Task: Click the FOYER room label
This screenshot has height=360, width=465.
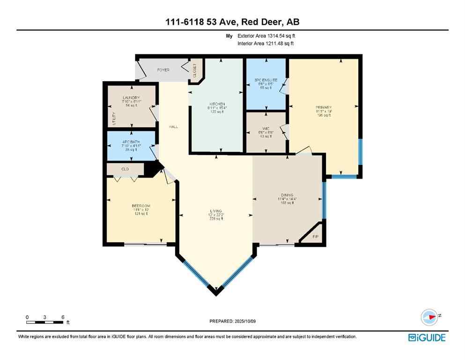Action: pyautogui.click(x=163, y=70)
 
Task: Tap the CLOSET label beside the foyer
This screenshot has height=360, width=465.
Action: pyautogui.click(x=195, y=70)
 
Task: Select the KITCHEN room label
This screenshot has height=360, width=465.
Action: pyautogui.click(x=217, y=104)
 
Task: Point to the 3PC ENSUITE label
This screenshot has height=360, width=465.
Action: pyautogui.click(x=266, y=80)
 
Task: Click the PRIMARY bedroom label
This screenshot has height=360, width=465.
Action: pyautogui.click(x=324, y=107)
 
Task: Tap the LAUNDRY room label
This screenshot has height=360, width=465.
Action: pyautogui.click(x=131, y=97)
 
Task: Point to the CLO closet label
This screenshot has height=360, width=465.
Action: pyautogui.click(x=125, y=169)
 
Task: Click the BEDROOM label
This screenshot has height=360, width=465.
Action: pyautogui.click(x=140, y=206)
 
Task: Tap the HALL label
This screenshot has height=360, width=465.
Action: pyautogui.click(x=174, y=127)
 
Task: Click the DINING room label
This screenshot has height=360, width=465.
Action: pyautogui.click(x=288, y=195)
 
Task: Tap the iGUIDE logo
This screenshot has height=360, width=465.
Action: pyautogui.click(x=427, y=337)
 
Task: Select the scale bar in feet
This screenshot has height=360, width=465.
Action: pyautogui.click(x=45, y=322)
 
